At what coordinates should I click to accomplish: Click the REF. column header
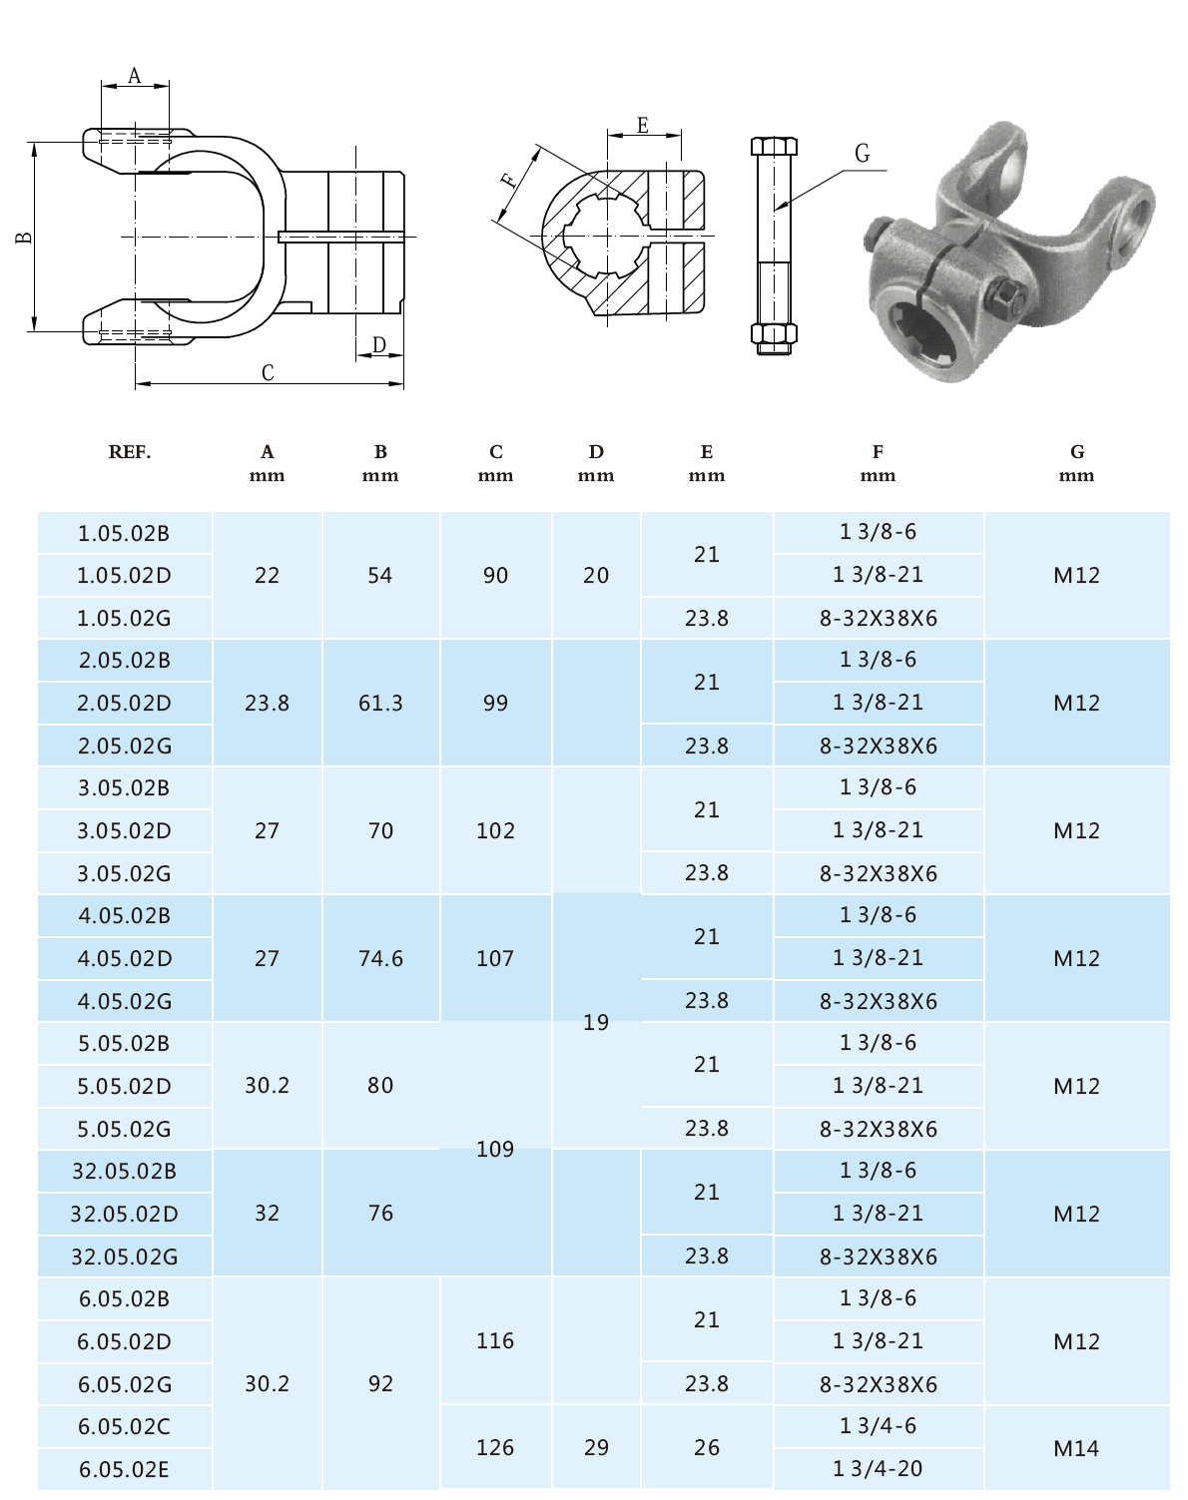[x=129, y=452]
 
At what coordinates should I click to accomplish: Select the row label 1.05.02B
[x=124, y=533]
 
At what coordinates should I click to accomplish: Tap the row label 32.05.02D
[x=124, y=1214]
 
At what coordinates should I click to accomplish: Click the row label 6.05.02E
[x=124, y=1469]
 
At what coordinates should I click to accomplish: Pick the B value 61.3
[x=380, y=703]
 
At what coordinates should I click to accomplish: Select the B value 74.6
[x=380, y=958]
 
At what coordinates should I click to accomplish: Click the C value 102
[x=495, y=830]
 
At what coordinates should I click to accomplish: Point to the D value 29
[x=596, y=1447]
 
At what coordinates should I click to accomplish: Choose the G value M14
[x=1076, y=1447]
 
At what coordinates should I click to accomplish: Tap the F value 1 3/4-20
[x=878, y=1468]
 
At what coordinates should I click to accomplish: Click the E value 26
[x=707, y=1447]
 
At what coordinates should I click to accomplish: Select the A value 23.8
[x=267, y=703]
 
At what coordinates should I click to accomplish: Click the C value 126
[x=495, y=1447]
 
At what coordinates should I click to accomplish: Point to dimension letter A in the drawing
[x=135, y=76]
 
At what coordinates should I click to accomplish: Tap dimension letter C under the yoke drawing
[x=268, y=373]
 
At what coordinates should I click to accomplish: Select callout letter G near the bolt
[x=862, y=154]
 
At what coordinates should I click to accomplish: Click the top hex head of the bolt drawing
[x=774, y=146]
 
